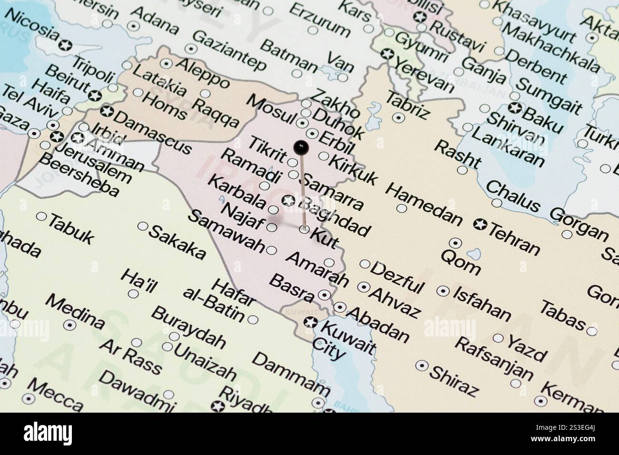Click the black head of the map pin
coord(300,147)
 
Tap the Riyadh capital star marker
coord(219,406)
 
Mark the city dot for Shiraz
coord(421,365)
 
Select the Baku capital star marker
coord(514,108)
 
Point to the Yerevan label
coord(424,77)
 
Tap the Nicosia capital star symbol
coord(64,45)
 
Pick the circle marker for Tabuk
coord(41,217)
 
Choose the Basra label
coord(291,288)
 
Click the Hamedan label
coord(423,204)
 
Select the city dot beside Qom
coord(456,243)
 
